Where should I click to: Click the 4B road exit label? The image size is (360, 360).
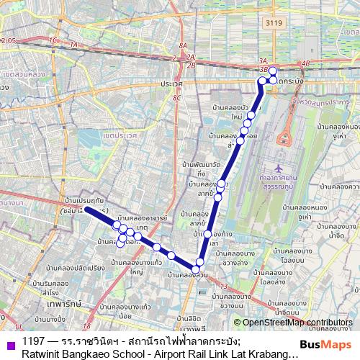(305, 63)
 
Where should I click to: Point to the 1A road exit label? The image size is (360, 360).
(72, 44)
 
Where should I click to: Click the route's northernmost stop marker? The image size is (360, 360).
(273, 71)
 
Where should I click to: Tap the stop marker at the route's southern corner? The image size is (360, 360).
(196, 269)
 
